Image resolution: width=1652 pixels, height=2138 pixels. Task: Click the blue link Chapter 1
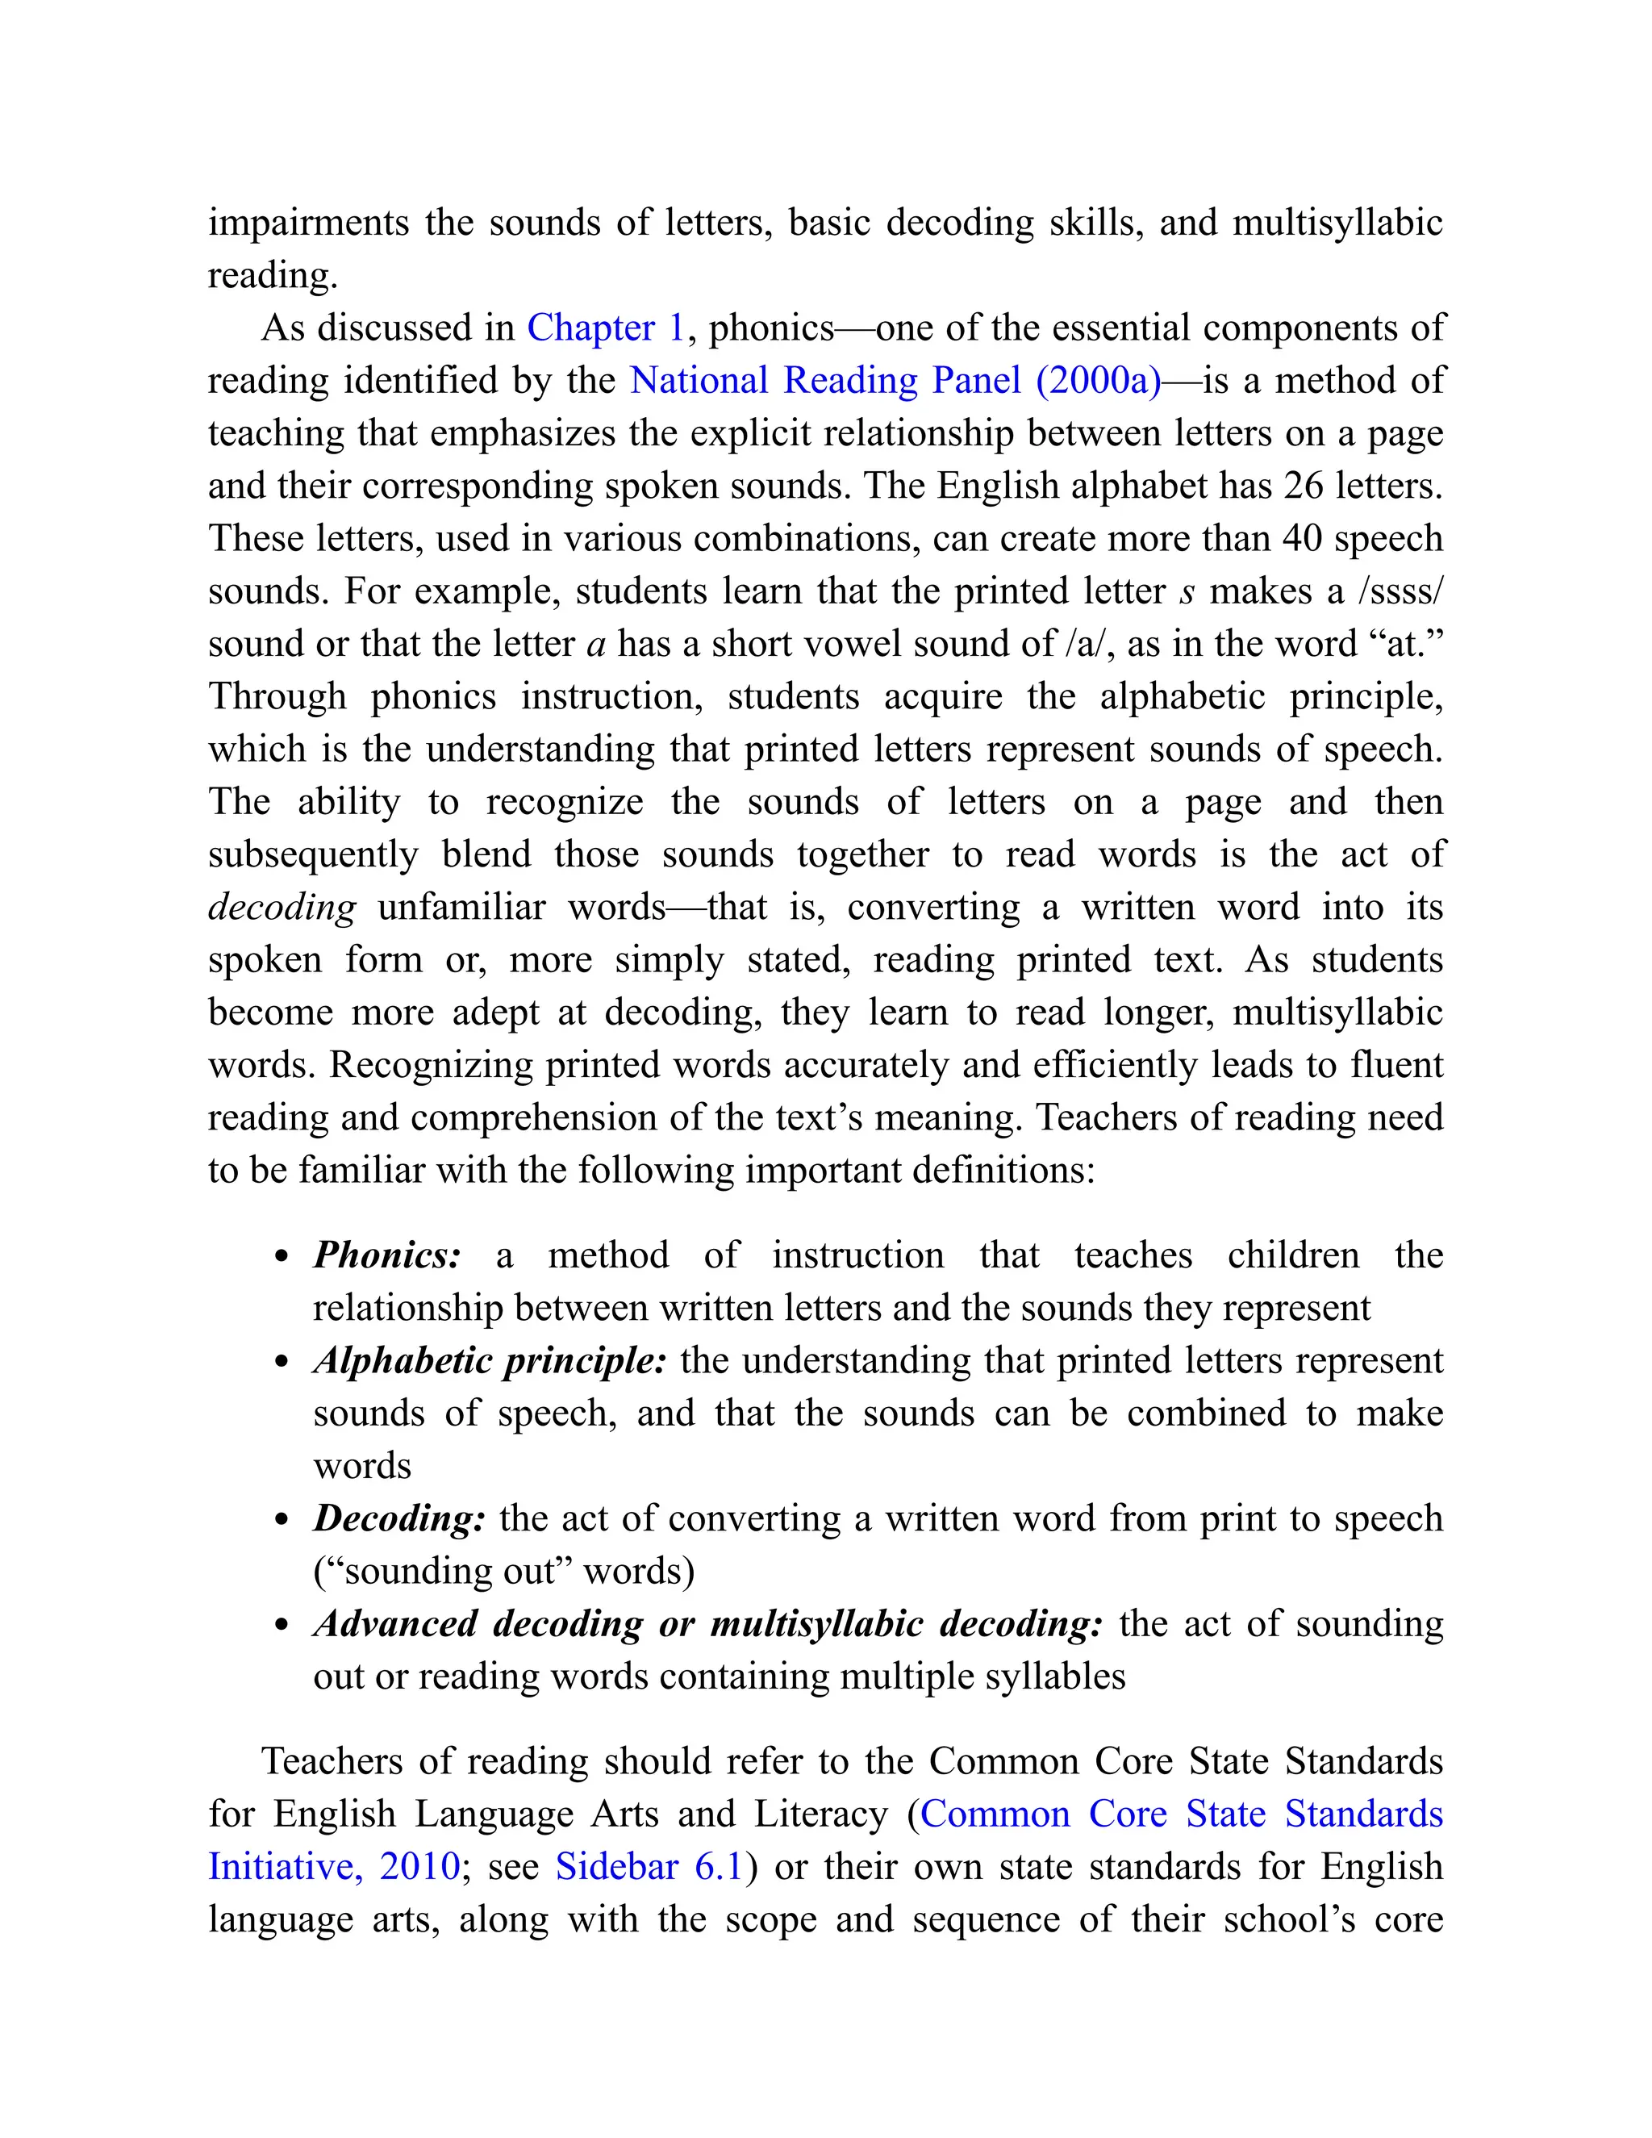605,328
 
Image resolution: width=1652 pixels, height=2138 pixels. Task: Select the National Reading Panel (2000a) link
895,381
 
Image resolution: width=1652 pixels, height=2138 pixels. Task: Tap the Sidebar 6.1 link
648,1867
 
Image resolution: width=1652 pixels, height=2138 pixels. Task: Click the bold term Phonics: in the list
386,1256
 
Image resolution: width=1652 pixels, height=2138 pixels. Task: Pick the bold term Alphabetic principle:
490,1362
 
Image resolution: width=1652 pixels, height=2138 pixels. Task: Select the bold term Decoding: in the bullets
398,1519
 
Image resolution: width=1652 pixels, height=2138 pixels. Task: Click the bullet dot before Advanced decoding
282,1626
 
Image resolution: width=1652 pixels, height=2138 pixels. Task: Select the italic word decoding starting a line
282,908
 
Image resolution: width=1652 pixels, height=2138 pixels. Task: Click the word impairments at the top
307,223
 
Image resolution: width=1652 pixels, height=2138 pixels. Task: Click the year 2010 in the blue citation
419,1867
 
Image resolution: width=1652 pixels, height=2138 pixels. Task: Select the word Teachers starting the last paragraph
332,1761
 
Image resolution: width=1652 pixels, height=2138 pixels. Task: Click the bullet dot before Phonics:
282,1258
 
